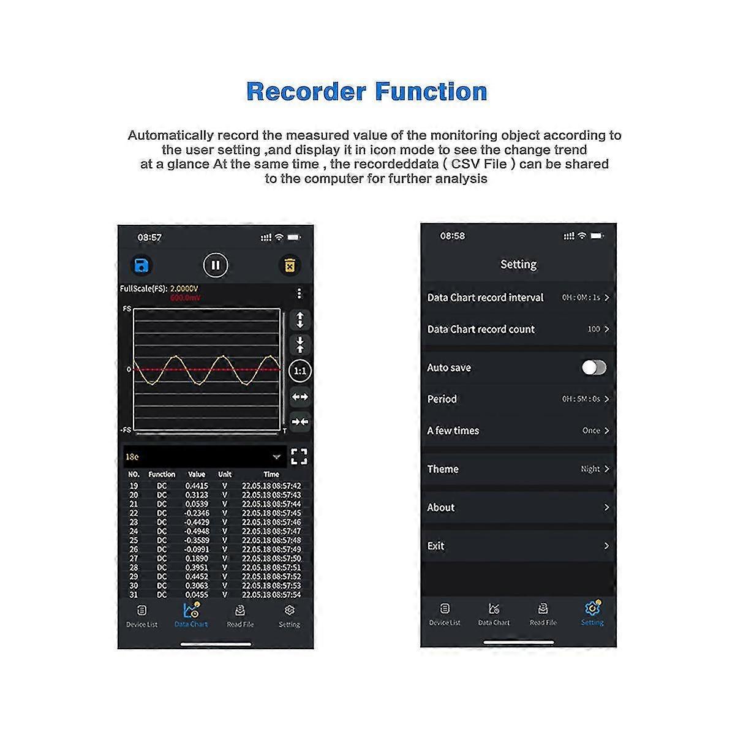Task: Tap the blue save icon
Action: coord(141,265)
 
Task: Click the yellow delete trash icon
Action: coord(289,265)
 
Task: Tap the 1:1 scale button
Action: coord(300,371)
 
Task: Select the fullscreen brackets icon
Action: coord(299,456)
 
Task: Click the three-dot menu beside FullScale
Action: coord(299,293)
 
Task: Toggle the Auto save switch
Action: coord(594,367)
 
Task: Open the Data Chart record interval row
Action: coord(518,298)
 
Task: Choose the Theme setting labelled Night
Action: coord(590,469)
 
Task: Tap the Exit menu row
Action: coord(518,546)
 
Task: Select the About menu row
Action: coord(518,507)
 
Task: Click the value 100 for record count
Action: coord(594,330)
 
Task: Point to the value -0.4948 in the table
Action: coord(197,531)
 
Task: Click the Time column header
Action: coord(271,474)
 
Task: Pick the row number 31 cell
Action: coord(134,595)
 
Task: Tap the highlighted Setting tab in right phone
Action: coord(592,612)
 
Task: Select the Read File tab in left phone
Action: coord(240,615)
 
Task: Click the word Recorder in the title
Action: coord(306,92)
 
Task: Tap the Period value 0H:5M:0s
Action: coord(581,399)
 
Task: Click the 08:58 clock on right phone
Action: coord(453,236)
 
